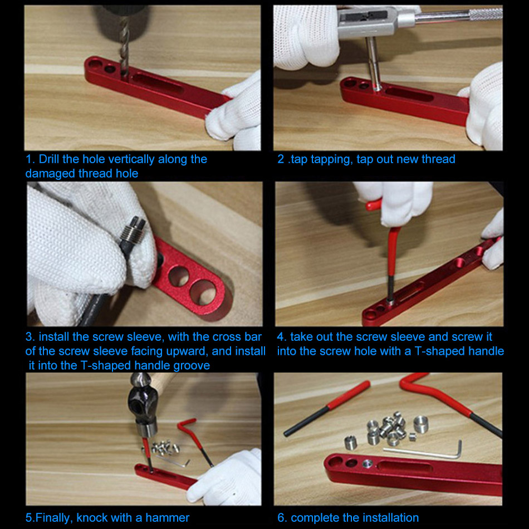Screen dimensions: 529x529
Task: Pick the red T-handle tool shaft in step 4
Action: [x=391, y=263]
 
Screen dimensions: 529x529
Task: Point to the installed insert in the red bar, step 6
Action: [x=368, y=464]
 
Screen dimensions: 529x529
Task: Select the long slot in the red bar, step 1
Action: [x=158, y=84]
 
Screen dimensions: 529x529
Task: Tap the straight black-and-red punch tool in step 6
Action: [x=326, y=409]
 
